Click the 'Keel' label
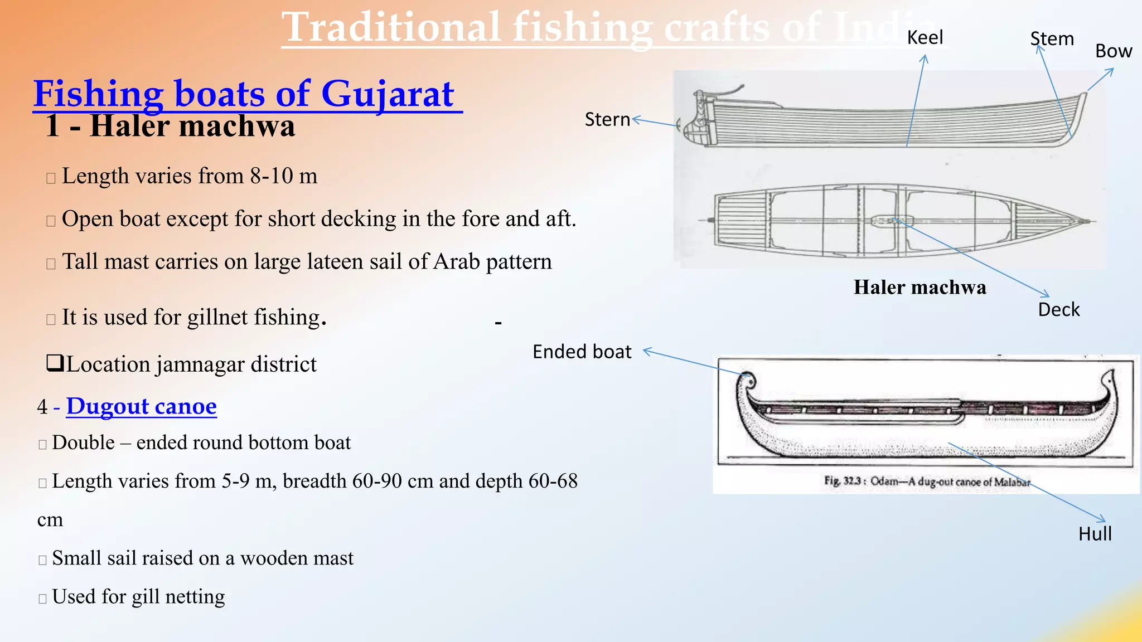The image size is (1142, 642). click(925, 38)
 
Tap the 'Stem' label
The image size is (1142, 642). click(1052, 39)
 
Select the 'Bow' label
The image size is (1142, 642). click(1113, 51)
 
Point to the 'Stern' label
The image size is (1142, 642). click(607, 119)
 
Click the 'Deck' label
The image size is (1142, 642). click(1058, 310)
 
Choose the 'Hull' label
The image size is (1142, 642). click(1095, 534)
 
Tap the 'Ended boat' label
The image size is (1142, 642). click(582, 352)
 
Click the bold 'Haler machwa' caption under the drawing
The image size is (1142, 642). click(920, 288)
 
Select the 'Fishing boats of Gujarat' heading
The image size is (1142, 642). click(244, 94)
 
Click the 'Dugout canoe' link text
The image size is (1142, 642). click(141, 406)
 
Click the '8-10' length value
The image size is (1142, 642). click(272, 176)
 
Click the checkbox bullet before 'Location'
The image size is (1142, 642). click(54, 363)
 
